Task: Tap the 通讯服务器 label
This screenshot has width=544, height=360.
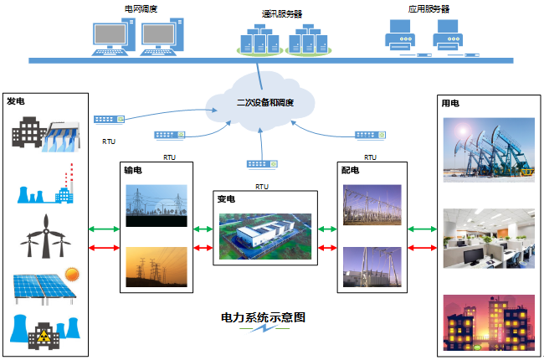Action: pyautogui.click(x=280, y=14)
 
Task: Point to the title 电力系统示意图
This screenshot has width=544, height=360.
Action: pyautogui.click(x=263, y=318)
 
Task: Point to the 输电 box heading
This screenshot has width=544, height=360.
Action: pyautogui.click(x=133, y=170)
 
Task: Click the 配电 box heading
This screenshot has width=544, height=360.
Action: pyautogui.click(x=351, y=170)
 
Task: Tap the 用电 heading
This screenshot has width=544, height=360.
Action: pyautogui.click(x=449, y=104)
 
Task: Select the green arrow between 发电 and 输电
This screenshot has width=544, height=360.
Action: pyautogui.click(x=104, y=228)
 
